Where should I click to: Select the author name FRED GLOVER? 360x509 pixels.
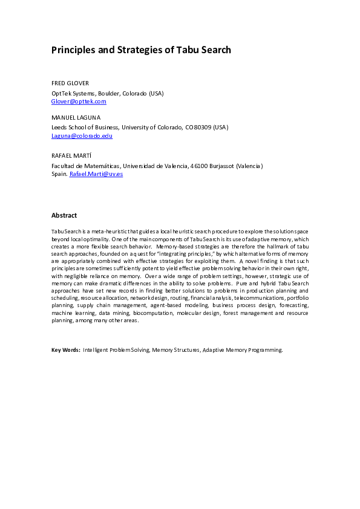70,83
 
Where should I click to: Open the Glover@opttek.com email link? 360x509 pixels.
79,101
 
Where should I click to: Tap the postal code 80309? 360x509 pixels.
201,128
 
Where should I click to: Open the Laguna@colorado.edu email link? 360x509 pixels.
82,136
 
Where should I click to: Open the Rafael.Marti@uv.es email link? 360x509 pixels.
96,173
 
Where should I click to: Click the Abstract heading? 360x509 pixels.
64,215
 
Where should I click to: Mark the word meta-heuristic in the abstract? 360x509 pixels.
100,232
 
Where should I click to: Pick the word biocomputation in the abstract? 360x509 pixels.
153,313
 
